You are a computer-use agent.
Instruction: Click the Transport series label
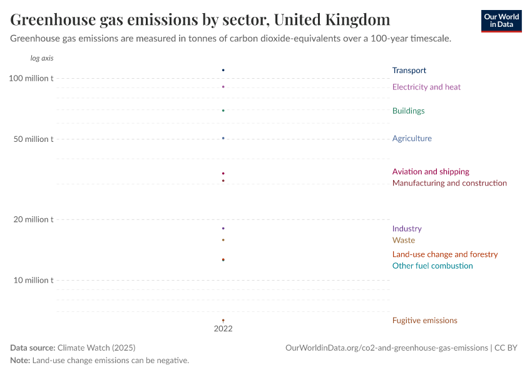click(409, 71)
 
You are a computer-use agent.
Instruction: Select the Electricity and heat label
click(426, 87)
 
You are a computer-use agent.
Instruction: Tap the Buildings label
click(408, 111)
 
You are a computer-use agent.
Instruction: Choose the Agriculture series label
click(412, 138)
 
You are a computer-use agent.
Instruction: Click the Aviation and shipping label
click(431, 171)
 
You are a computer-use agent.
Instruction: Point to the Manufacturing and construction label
click(449, 183)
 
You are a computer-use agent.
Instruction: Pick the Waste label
click(403, 240)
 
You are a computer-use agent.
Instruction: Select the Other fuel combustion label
click(432, 266)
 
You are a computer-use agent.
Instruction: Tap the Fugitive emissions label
click(424, 320)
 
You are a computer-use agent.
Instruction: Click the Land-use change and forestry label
click(445, 254)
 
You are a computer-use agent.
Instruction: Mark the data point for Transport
click(223, 70)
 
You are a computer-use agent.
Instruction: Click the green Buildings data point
click(223, 111)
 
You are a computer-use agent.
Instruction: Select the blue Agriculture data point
click(223, 138)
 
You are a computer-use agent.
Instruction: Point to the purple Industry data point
click(223, 228)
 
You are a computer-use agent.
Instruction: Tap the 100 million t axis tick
click(31, 78)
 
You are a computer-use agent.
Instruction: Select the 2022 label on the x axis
click(223, 328)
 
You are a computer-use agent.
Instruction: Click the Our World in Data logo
click(501, 21)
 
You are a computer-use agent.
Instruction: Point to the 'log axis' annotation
click(42, 58)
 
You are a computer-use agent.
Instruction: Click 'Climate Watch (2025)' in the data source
click(96, 347)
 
